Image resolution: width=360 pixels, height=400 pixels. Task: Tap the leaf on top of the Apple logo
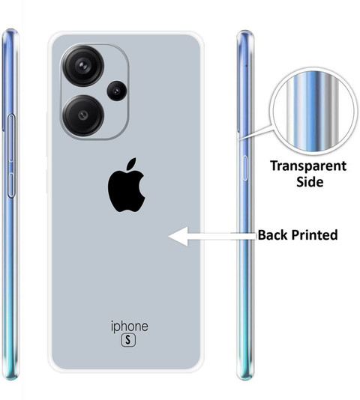click(131, 163)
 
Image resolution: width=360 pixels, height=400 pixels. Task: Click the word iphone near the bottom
click(130, 327)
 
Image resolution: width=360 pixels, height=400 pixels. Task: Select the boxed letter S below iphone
click(128, 340)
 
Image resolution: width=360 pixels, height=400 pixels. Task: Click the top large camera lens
click(83, 66)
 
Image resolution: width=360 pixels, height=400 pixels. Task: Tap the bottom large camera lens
click(83, 115)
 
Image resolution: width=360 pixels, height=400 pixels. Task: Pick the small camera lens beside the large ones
click(117, 91)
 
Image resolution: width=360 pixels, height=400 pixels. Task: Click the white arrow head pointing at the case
click(178, 236)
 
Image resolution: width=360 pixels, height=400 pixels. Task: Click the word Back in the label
click(272, 234)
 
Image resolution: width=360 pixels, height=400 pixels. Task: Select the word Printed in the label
click(314, 234)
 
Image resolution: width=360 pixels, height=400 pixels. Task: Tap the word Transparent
click(308, 166)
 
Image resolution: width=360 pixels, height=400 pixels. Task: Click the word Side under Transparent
click(310, 181)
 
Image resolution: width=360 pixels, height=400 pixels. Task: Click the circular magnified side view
click(312, 112)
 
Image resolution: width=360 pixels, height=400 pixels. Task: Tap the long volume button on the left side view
click(11, 138)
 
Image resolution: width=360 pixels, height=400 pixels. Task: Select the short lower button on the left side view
click(11, 185)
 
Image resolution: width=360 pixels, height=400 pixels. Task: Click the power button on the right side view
click(245, 168)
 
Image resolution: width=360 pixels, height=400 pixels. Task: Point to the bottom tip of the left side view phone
click(11, 380)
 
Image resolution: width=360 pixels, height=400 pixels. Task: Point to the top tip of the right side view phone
click(244, 30)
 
